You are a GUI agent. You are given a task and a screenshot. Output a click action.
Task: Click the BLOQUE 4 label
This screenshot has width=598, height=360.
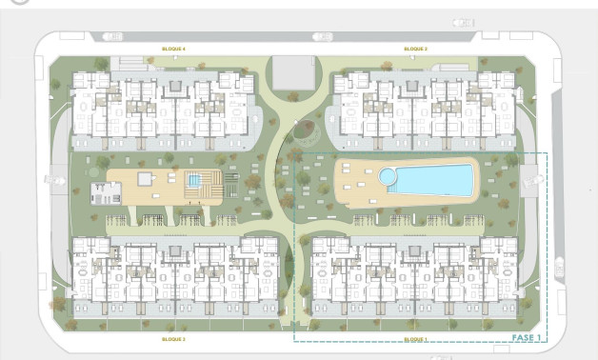tap(173, 49)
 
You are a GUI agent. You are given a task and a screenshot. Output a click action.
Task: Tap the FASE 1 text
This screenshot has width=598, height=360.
tap(526, 337)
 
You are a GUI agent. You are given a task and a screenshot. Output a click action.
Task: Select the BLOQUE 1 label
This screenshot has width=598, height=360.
tap(415, 339)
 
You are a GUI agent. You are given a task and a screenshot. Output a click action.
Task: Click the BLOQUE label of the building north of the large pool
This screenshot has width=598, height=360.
tap(415, 49)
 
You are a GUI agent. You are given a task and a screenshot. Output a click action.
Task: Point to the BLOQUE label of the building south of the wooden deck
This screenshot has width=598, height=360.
tap(173, 339)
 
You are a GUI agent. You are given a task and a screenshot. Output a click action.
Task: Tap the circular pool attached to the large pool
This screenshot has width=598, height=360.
tap(389, 176)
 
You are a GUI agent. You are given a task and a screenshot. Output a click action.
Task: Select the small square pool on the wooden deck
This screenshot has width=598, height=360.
tap(195, 180)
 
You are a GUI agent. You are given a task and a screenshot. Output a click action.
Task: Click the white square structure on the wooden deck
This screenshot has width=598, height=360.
tap(145, 178)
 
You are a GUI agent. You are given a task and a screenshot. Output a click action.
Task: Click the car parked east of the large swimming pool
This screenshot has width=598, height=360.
tap(529, 178)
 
